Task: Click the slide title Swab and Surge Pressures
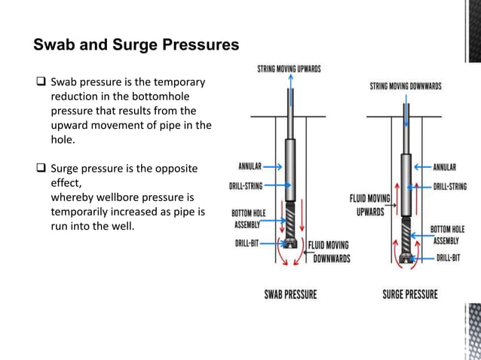tap(136, 44)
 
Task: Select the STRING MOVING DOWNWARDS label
tap(405, 87)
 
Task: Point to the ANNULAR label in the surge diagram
tap(450, 166)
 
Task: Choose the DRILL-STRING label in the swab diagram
tap(246, 185)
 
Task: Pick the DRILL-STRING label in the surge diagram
tap(450, 185)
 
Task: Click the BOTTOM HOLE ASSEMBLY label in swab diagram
tap(247, 218)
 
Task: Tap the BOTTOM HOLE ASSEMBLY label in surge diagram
tap(448, 233)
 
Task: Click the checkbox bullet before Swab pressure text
tap(41, 82)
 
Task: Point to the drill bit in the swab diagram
tap(289, 246)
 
